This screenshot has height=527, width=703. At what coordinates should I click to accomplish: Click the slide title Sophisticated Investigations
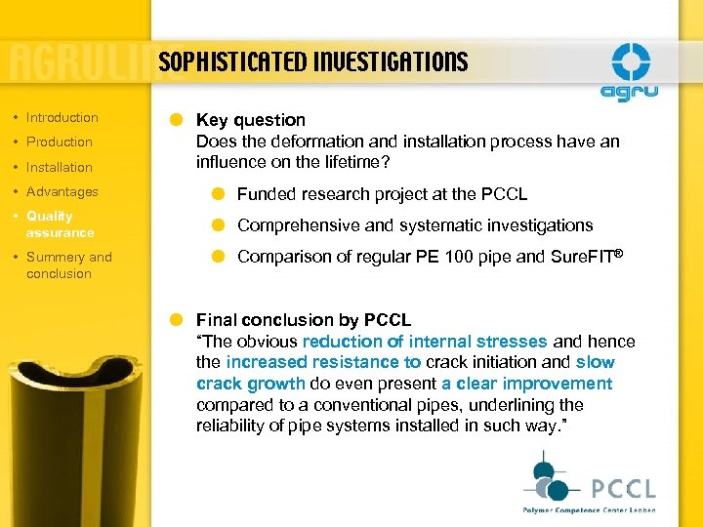pyautogui.click(x=312, y=63)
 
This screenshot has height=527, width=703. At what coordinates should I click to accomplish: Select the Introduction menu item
pyautogui.click(x=62, y=117)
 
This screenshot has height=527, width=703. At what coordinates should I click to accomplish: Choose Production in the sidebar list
pyautogui.click(x=59, y=142)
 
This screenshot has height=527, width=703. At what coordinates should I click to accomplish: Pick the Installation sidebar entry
pyautogui.click(x=59, y=167)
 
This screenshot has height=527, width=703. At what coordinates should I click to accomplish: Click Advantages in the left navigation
pyautogui.click(x=62, y=191)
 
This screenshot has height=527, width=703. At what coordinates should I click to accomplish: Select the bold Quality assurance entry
pyautogui.click(x=60, y=223)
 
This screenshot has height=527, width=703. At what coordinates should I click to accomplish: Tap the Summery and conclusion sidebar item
pyautogui.click(x=68, y=264)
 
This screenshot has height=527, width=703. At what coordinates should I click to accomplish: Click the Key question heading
pyautogui.click(x=251, y=120)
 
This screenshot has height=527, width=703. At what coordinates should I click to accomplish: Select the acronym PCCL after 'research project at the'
pyautogui.click(x=505, y=194)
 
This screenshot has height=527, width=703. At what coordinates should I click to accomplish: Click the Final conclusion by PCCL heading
pyautogui.click(x=304, y=320)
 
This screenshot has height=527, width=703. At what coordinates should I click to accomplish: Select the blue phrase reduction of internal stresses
pyautogui.click(x=425, y=342)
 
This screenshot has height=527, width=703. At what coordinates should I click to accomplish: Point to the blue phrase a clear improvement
pyautogui.click(x=526, y=384)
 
